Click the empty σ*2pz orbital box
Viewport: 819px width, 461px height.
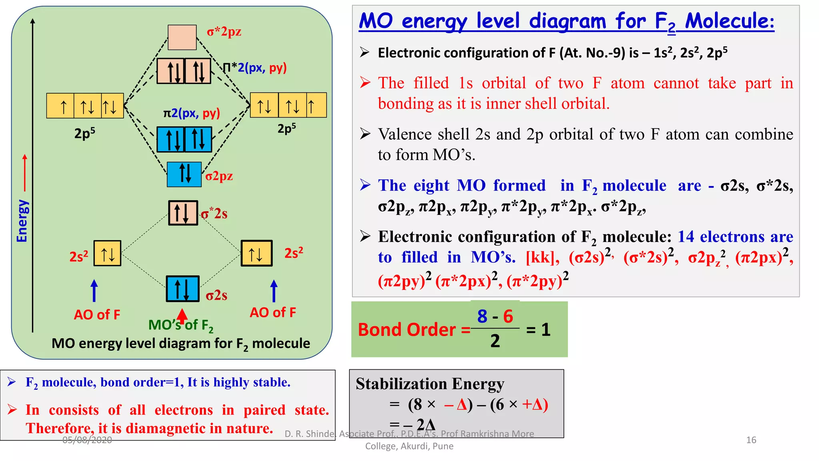pyautogui.click(x=182, y=37)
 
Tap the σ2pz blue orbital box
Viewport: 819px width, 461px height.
pyautogui.click(x=184, y=174)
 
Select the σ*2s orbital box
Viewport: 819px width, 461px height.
pyautogui.click(x=183, y=213)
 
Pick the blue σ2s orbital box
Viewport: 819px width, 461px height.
pyautogui.click(x=183, y=289)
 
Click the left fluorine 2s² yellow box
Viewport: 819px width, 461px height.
pyautogui.click(x=107, y=253)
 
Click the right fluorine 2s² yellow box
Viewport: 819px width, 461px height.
pyautogui.click(x=256, y=253)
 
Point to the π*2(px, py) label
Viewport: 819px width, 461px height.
pyautogui.click(x=255, y=68)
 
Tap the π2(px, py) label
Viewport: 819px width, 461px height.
pyautogui.click(x=192, y=113)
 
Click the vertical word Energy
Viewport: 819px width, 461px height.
pyautogui.click(x=22, y=221)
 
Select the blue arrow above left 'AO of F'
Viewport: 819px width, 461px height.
pyautogui.click(x=94, y=291)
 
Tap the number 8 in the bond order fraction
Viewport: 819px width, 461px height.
pyautogui.click(x=482, y=316)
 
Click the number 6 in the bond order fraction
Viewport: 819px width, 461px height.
pyautogui.click(x=508, y=316)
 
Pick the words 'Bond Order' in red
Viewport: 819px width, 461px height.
pyautogui.click(x=406, y=330)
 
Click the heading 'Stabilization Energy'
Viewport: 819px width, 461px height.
pyautogui.click(x=430, y=384)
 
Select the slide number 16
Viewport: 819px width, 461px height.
pyautogui.click(x=751, y=440)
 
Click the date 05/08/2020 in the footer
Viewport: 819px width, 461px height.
pyautogui.click(x=87, y=440)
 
